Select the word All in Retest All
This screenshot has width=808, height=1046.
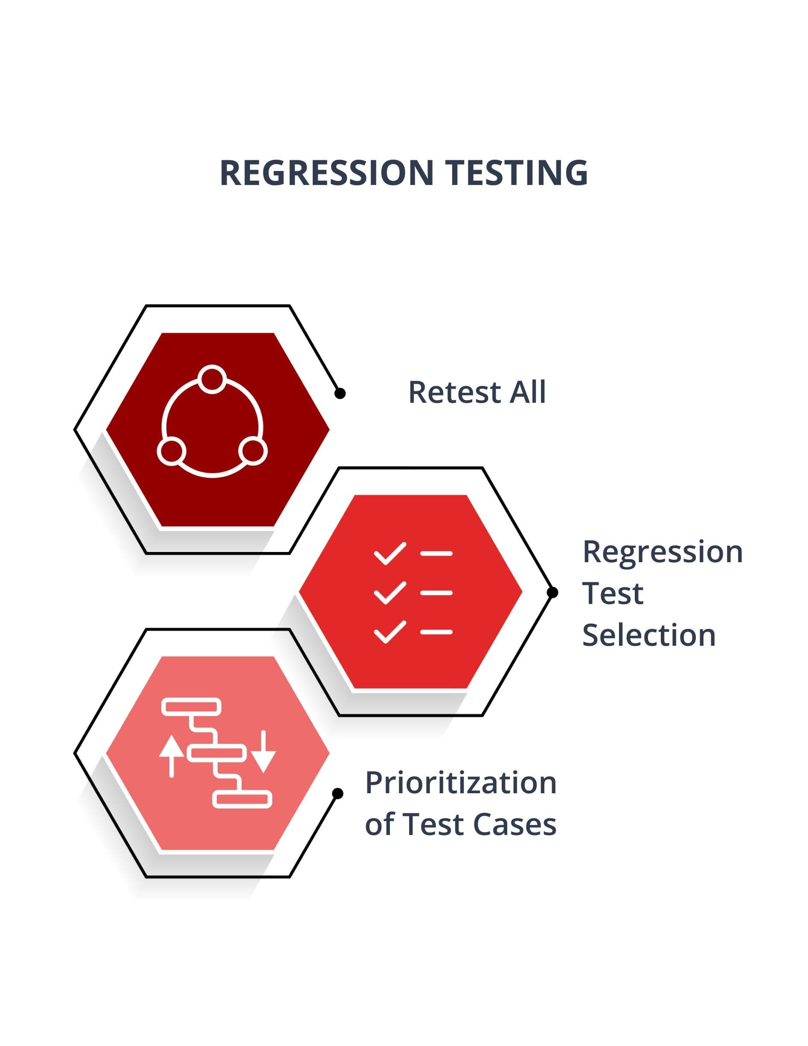528,392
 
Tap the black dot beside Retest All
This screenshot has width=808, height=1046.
340,393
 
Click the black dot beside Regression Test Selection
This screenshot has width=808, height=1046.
552,592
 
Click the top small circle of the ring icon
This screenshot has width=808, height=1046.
212,379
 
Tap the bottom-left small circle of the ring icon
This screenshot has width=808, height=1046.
171,451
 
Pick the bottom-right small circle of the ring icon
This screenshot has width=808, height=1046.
253,451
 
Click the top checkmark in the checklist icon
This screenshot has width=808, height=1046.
389,553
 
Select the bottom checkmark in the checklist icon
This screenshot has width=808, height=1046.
389,632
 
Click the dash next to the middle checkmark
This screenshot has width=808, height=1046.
436,593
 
